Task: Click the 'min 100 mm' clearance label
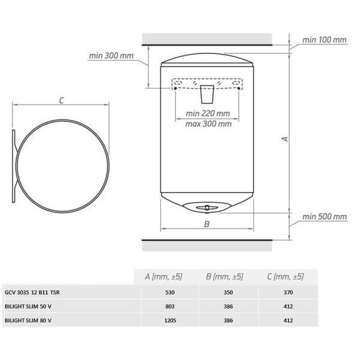(x=324, y=39)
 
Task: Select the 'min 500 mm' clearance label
(x=324, y=217)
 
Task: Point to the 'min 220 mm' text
(x=208, y=113)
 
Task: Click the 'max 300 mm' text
(x=208, y=124)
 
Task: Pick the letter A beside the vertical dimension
(x=286, y=139)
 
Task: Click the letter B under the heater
(x=206, y=225)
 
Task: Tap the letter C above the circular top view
(x=61, y=101)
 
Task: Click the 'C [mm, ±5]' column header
(x=284, y=277)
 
